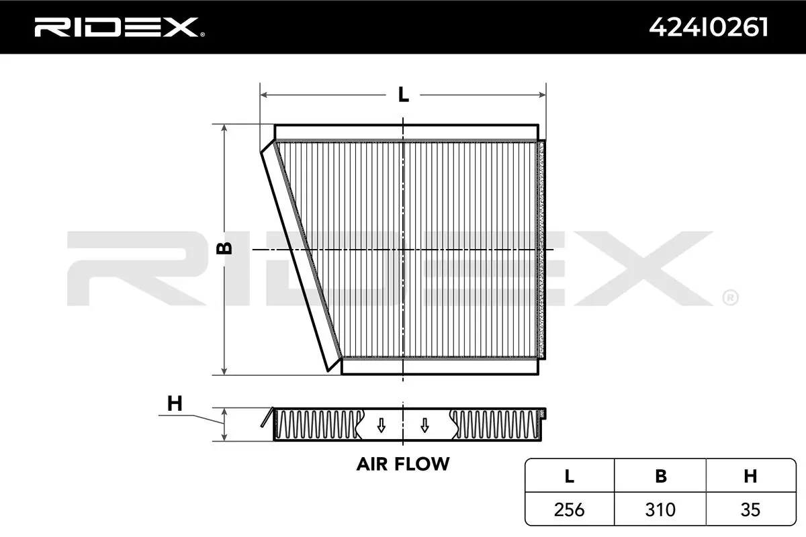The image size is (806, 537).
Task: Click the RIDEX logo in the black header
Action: pos(120,28)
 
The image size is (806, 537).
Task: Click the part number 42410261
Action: pos(708,28)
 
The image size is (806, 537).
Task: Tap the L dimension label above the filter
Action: pos(404,95)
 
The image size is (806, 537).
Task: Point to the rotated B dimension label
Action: pos(224,248)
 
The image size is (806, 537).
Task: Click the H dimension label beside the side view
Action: pos(175,403)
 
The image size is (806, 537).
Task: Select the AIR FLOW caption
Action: pos(403,464)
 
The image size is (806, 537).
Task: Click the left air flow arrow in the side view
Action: pos(382,426)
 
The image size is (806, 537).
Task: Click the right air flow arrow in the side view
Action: pos(424,426)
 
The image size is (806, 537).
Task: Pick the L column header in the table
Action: pos(570,476)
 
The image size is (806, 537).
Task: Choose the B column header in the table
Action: pos(661,476)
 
